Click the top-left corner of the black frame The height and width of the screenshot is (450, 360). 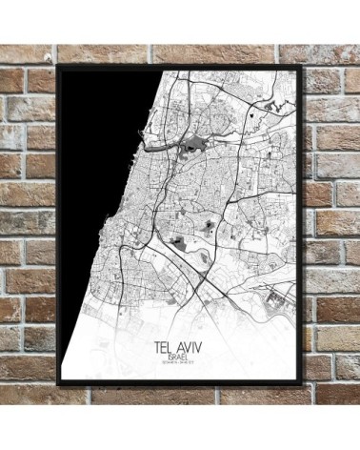58,67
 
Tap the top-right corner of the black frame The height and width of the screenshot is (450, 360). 302,67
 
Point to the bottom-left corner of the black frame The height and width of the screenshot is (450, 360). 58,384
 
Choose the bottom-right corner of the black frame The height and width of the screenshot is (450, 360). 303,384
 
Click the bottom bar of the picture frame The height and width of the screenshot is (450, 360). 181,383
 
